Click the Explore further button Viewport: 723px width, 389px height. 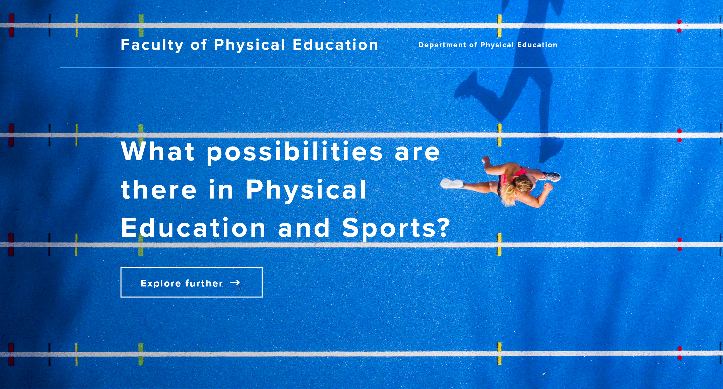click(x=191, y=282)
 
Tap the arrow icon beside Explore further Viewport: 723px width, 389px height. click(x=235, y=282)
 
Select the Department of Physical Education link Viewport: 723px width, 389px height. click(x=488, y=45)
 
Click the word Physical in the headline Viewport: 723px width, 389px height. click(x=306, y=190)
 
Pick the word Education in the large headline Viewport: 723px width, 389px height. click(x=193, y=227)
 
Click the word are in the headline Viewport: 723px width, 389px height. click(x=417, y=153)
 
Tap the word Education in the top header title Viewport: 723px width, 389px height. click(x=335, y=45)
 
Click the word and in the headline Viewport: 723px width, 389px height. click(x=304, y=227)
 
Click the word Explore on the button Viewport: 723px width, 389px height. click(x=161, y=283)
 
